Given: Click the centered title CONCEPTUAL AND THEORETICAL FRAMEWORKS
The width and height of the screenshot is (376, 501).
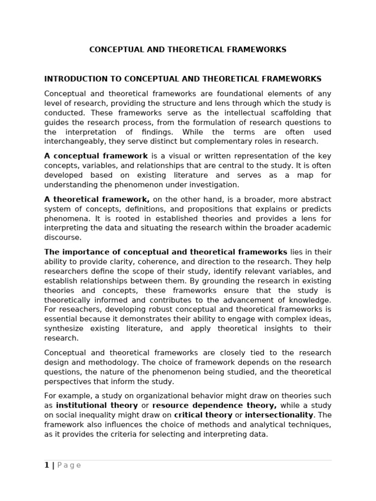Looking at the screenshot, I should (x=188, y=49).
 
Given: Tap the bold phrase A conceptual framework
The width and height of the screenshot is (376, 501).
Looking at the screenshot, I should (x=96, y=156).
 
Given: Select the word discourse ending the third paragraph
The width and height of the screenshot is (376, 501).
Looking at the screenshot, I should (x=63, y=238).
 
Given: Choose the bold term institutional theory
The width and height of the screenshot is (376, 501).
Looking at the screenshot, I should (x=97, y=406).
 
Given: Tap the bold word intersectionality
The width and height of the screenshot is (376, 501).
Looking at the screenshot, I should (x=279, y=415).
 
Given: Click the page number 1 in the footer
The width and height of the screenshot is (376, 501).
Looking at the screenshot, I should (x=47, y=465).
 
